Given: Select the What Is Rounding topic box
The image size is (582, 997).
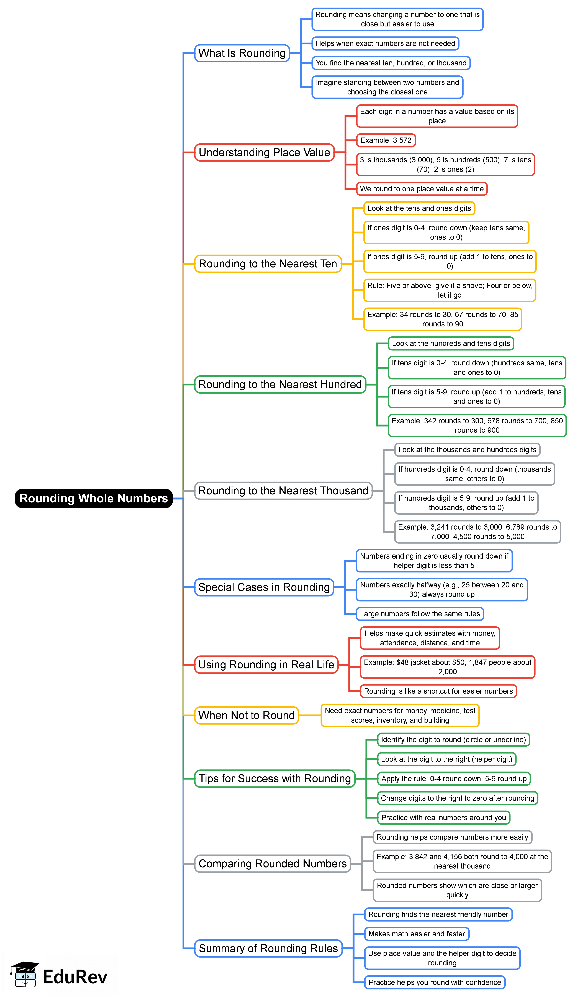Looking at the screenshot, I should click(242, 53).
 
